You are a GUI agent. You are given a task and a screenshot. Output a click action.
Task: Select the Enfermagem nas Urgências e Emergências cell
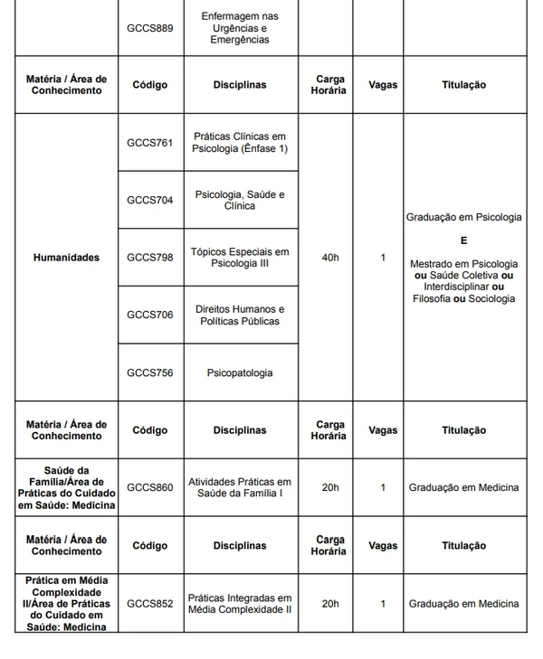[242, 28]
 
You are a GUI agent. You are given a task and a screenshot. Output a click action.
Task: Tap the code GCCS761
[150, 142]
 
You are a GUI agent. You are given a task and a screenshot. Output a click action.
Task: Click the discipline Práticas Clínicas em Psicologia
[242, 142]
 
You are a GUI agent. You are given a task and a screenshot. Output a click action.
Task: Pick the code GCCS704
[150, 200]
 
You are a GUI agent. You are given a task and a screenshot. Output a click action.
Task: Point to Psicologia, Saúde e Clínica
[242, 200]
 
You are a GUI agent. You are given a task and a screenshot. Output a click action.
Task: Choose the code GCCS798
[150, 258]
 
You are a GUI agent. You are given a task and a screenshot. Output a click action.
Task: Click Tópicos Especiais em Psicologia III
[242, 258]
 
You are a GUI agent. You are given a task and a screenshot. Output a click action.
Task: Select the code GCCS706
[150, 315]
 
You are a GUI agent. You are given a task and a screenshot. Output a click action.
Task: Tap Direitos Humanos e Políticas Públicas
[242, 315]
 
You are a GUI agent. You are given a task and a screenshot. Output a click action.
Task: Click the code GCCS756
[150, 372]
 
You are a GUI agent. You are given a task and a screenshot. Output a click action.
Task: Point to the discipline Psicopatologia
[242, 372]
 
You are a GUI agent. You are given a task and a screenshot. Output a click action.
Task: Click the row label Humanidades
[66, 258]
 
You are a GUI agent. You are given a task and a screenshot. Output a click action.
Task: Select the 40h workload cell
[330, 258]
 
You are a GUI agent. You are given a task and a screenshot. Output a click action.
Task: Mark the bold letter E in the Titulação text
[464, 240]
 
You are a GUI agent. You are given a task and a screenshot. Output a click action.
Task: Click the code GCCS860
[150, 487]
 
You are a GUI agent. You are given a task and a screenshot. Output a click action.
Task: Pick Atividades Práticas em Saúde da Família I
[242, 487]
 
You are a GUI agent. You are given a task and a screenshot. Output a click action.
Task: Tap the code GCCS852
[150, 603]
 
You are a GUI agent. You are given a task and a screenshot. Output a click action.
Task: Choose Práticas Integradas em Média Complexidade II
[242, 603]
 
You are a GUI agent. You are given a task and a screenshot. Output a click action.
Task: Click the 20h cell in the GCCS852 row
[330, 603]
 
